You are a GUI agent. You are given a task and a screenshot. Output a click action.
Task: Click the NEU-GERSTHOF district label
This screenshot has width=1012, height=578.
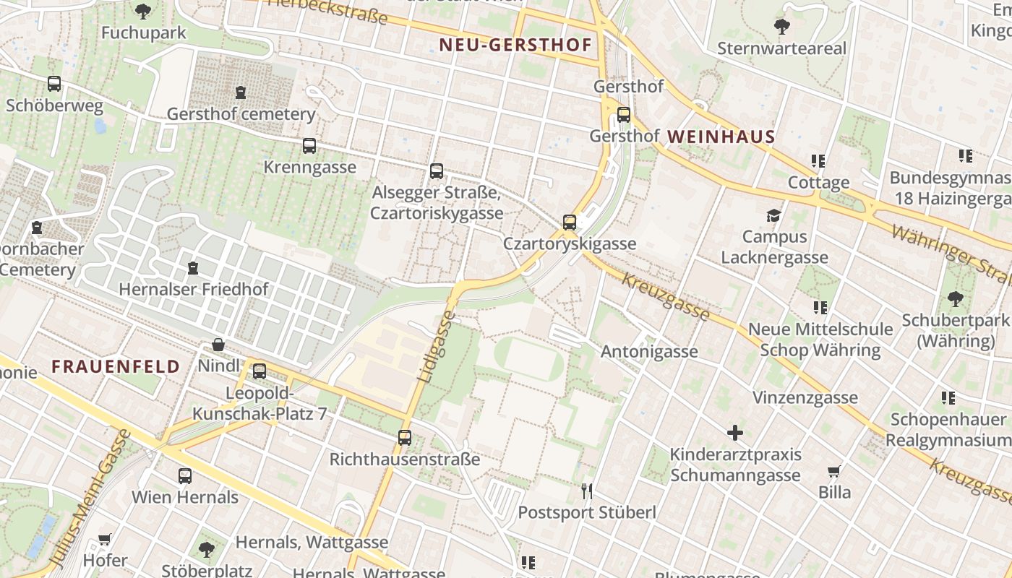[515, 45]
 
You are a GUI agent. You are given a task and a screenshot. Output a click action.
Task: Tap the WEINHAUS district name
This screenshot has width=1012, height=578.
[721, 136]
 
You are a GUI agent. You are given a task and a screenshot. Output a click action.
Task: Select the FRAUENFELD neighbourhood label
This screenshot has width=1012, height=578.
[116, 366]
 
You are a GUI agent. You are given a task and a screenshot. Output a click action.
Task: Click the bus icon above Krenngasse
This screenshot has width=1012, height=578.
[309, 146]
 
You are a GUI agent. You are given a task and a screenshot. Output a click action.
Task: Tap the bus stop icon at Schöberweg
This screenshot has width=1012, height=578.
[54, 84]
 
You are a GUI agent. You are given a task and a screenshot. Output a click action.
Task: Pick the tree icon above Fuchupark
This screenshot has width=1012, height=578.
[143, 11]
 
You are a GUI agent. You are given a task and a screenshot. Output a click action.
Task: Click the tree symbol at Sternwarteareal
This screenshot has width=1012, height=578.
[781, 27]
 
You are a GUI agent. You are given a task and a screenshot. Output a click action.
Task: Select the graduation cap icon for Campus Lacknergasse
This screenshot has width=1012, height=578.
[774, 215]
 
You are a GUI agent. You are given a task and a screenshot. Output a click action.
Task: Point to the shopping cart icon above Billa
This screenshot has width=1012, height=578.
[833, 472]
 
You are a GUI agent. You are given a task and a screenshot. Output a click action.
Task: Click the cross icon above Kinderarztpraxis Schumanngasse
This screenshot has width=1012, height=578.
[735, 433]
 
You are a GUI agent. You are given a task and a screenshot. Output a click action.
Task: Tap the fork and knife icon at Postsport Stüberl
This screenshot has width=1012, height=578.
[587, 491]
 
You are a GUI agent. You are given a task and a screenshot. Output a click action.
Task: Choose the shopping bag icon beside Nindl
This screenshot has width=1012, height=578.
[218, 345]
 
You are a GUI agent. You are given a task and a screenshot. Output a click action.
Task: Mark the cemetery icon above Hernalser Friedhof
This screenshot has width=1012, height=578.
[193, 268]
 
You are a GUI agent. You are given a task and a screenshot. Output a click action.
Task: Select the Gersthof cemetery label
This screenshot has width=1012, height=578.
[241, 114]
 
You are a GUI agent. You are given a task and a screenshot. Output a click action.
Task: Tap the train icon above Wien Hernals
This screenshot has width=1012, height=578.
[185, 476]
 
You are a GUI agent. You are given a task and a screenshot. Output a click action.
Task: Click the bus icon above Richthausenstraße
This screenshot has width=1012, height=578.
[405, 437]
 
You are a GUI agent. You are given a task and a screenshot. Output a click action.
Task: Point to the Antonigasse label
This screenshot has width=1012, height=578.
[649, 352]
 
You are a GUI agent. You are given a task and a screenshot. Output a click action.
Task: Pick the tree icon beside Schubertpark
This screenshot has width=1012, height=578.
[955, 298]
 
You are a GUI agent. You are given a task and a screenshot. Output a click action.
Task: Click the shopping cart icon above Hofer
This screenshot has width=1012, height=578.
[104, 539]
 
